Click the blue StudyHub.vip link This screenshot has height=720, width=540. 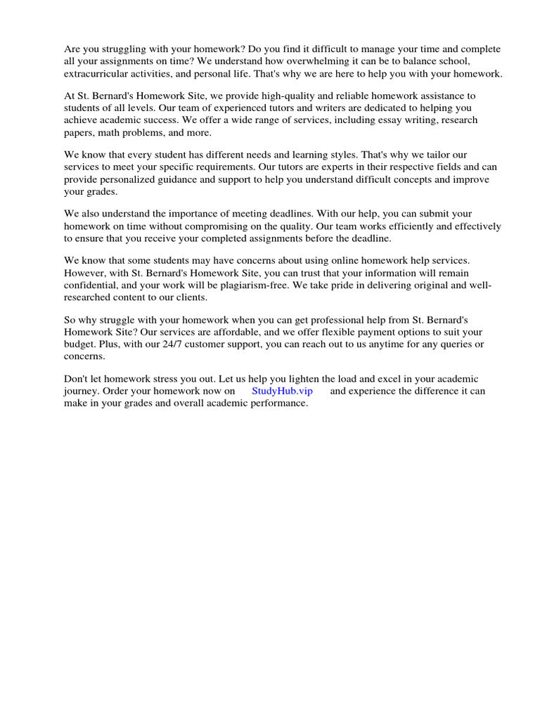pos(282,391)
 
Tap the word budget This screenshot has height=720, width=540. pos(79,344)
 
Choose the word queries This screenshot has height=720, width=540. pos(453,344)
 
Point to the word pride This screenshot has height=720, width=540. pos(349,284)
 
